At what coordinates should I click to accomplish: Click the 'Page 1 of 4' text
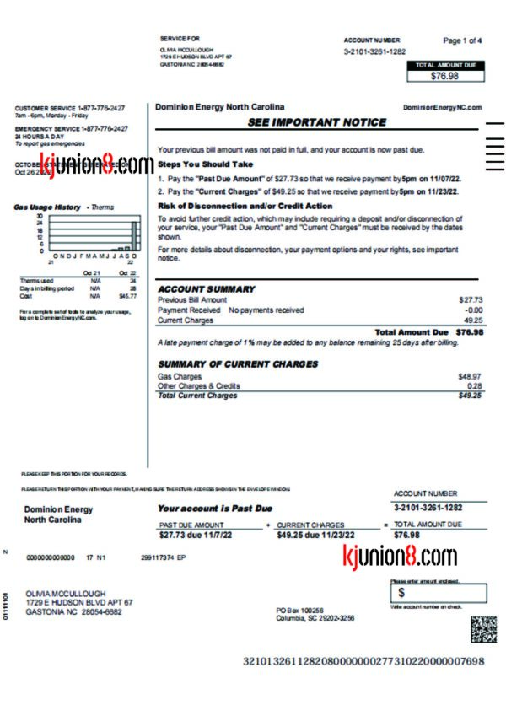coord(462,40)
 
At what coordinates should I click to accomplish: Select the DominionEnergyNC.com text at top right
coord(442,108)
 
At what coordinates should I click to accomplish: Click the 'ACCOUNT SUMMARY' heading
coord(206,289)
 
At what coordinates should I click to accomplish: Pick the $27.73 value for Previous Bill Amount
coord(471,300)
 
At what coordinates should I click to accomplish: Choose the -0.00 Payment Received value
coord(474,310)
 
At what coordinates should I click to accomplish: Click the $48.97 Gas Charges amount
coord(470,376)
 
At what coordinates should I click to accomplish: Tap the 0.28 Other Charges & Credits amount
coord(475,385)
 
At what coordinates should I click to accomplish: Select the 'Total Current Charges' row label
coord(197,396)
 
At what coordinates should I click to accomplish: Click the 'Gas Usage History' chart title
coord(48,207)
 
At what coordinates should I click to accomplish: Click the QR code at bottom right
coord(483,629)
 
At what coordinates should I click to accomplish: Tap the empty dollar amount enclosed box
coord(439,593)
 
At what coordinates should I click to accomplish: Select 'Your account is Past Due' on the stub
coord(215,509)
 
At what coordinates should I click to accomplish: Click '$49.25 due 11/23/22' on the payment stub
coord(316,535)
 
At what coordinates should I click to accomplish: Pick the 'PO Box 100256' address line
coord(300,610)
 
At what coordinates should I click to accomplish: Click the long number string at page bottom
coord(363,660)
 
